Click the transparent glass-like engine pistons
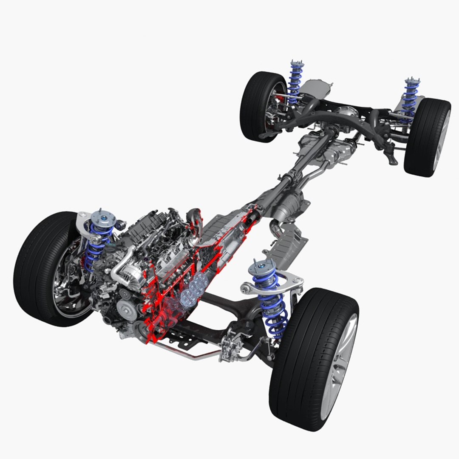(x=191, y=291)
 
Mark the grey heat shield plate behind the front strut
(x=289, y=244)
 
